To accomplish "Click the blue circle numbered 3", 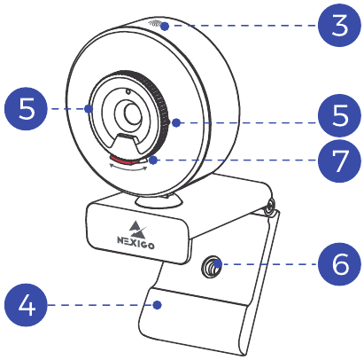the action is coord(339,26).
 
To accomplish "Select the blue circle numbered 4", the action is coord(26,305).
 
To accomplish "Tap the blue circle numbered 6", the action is coord(339,264).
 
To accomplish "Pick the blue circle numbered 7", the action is coord(339,160).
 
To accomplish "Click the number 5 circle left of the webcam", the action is coord(26,108).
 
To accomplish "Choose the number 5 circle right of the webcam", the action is coord(339,115).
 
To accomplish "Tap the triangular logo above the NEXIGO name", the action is coord(138,228).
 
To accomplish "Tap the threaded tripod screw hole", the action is coord(212,265).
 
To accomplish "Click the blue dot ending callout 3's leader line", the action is coord(165,27).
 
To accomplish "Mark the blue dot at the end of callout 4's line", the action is coord(158,305).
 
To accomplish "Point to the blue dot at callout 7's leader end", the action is coord(153,160).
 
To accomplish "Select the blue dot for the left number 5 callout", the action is coord(89,109).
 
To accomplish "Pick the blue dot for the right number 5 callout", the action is coord(176,122).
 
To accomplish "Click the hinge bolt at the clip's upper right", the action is coord(270,207).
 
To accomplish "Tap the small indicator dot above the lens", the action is coord(128,92).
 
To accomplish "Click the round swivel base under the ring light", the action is coord(159,201).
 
